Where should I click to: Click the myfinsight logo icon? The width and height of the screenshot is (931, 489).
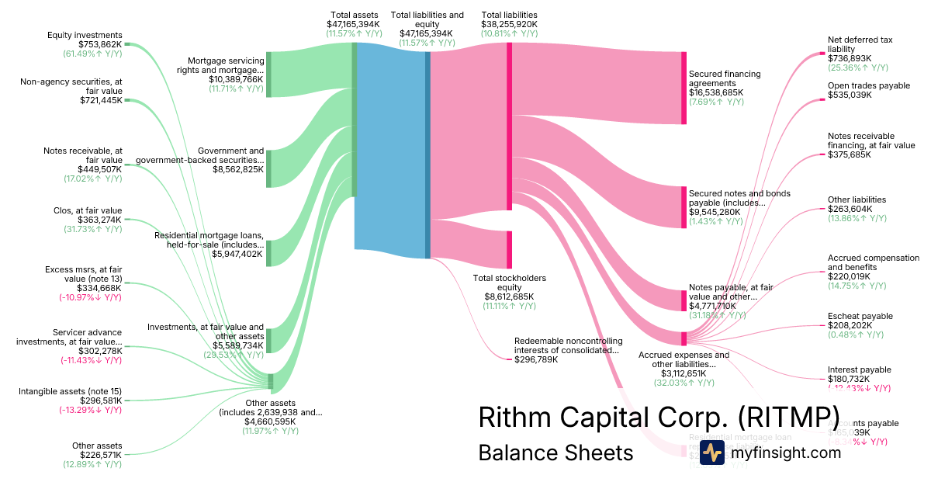(712, 453)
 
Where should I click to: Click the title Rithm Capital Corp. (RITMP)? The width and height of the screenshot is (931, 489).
(659, 417)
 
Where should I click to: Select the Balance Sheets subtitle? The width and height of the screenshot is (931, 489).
(555, 453)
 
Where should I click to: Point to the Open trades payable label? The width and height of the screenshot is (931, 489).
(868, 85)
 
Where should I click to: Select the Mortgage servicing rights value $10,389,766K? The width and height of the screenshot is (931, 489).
(236, 79)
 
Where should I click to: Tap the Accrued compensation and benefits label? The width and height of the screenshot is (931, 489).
(873, 262)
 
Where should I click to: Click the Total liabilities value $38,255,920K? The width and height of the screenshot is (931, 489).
(509, 25)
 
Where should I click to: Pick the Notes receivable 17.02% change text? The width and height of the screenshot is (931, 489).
(92, 179)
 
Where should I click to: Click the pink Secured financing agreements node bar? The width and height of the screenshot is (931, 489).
(684, 88)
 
